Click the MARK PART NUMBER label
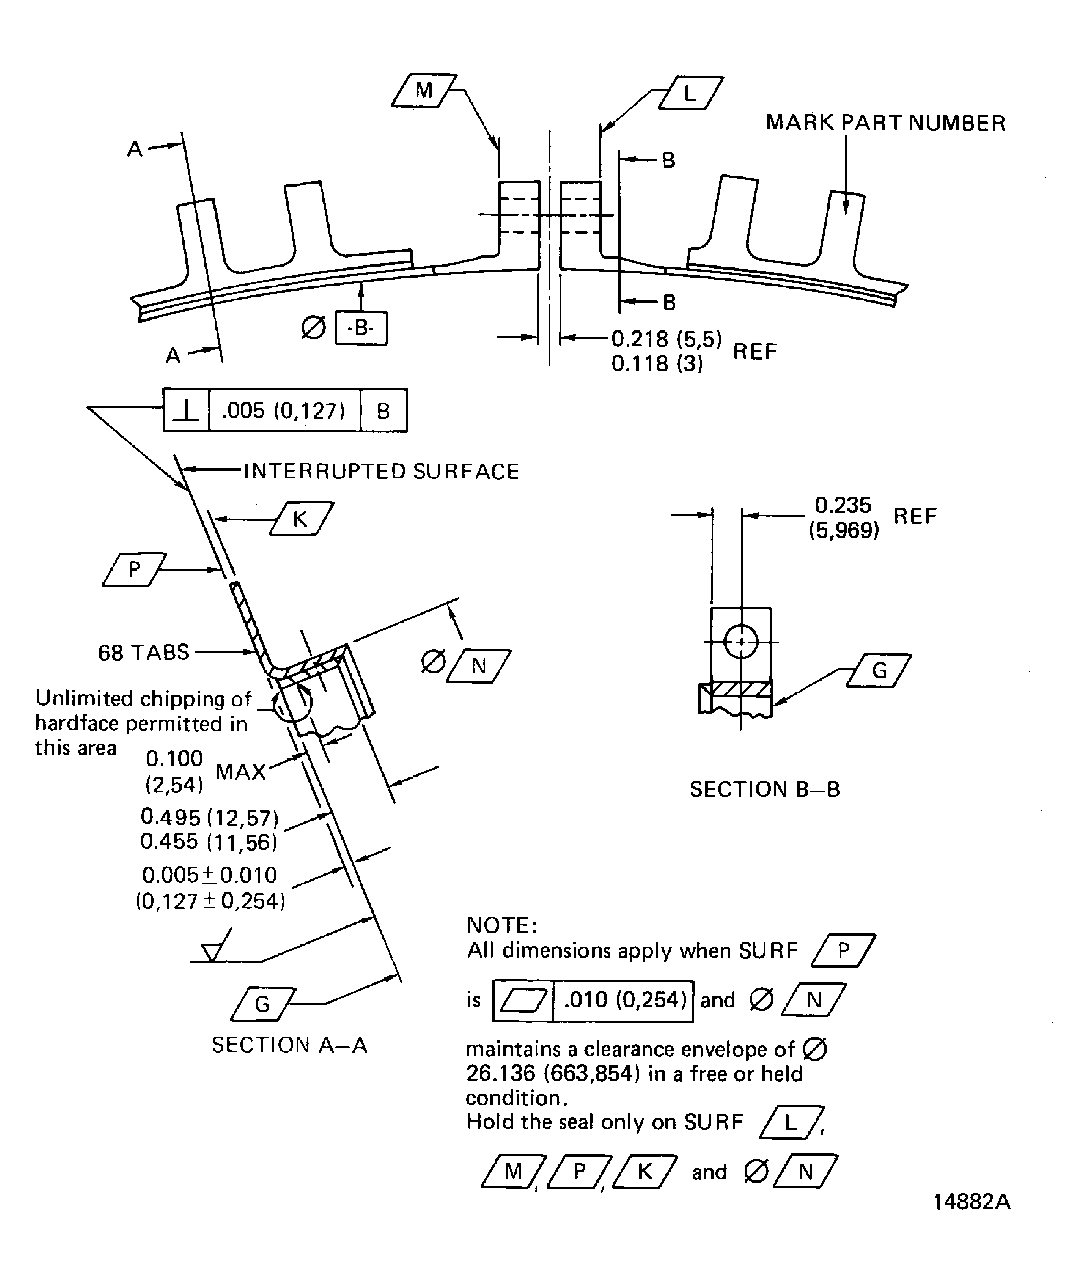(885, 123)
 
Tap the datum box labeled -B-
(361, 328)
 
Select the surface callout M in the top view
(423, 91)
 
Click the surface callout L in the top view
(690, 93)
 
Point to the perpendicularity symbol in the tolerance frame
(186, 411)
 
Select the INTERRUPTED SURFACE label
(381, 472)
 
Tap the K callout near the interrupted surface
(300, 519)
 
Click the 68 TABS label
(144, 652)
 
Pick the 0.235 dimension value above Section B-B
(843, 505)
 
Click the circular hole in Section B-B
(741, 642)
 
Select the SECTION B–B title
(765, 789)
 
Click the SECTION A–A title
(289, 1044)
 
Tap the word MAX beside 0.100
(241, 771)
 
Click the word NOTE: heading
(502, 925)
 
